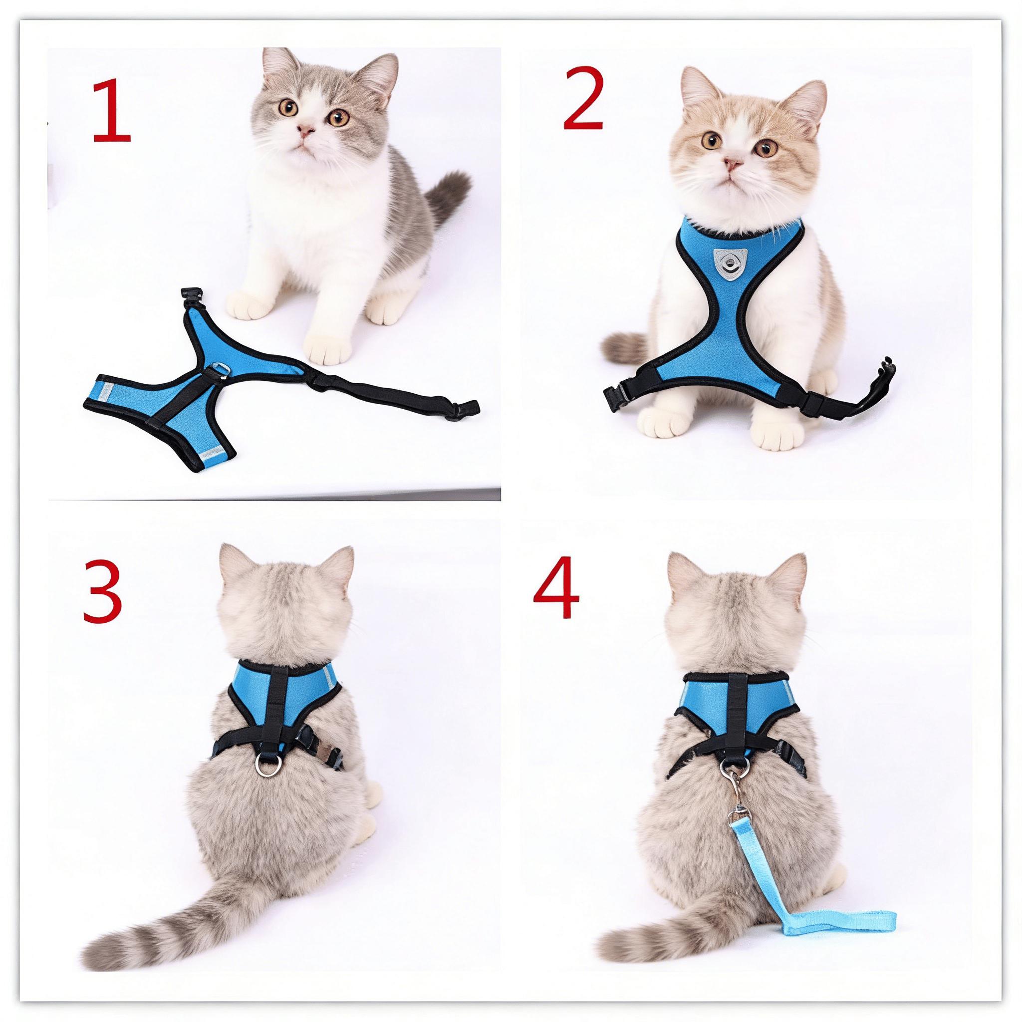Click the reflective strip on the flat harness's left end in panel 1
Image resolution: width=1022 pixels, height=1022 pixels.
105,391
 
